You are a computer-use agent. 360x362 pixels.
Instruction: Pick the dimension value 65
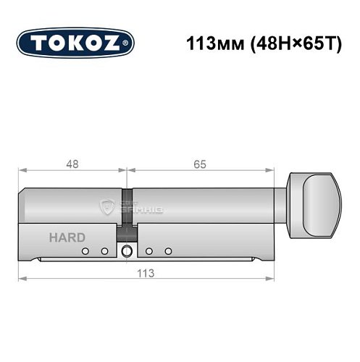point(201,164)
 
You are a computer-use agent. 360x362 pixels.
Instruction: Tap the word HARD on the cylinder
point(67,237)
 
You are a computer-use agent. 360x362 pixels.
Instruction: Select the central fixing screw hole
point(127,252)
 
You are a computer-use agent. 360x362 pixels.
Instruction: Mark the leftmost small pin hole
point(85,251)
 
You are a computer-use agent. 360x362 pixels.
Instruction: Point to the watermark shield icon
point(108,206)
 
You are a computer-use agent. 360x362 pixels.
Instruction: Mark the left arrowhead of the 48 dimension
point(22,172)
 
